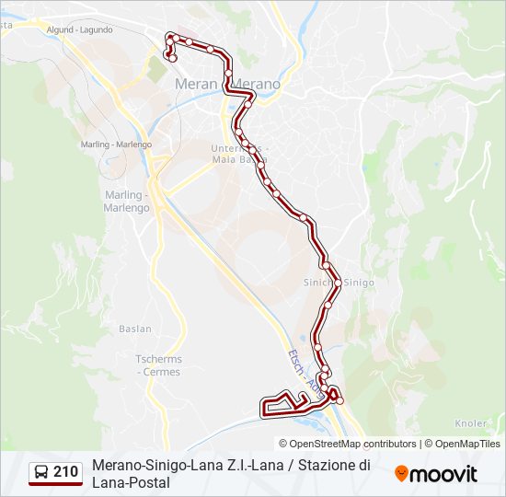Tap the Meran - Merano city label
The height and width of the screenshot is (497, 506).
click(x=226, y=84)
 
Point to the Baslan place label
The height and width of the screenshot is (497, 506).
click(x=135, y=329)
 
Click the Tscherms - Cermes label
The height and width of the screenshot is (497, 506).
click(x=158, y=365)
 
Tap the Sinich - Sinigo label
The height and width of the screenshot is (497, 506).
click(x=339, y=283)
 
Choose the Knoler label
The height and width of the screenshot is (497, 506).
click(x=471, y=423)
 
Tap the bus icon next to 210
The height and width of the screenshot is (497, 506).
click(x=41, y=472)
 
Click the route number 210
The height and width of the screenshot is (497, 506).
click(x=65, y=472)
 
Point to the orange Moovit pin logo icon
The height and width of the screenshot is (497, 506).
click(x=401, y=473)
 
